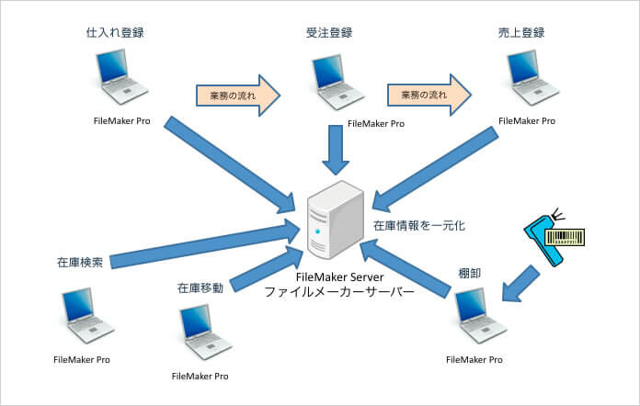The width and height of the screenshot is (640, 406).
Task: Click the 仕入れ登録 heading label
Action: (x=115, y=33)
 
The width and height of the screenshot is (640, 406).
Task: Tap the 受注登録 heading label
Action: (x=329, y=33)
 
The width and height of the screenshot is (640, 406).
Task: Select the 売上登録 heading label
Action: (x=521, y=33)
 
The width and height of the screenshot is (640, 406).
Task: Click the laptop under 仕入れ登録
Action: (x=121, y=76)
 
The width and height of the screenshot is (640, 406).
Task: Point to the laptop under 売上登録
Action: (x=532, y=78)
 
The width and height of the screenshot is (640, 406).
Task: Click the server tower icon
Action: (x=336, y=220)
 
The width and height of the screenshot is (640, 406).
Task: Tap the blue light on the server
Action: (x=317, y=231)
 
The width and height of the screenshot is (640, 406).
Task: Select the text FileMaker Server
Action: (x=339, y=277)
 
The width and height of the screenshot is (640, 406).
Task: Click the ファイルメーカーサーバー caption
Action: (x=339, y=292)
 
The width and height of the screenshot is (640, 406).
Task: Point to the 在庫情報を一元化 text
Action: (x=419, y=225)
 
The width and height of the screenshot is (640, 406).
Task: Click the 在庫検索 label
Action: (x=80, y=262)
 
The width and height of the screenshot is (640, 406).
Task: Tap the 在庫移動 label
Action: (x=200, y=288)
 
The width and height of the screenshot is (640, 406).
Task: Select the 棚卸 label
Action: (x=469, y=273)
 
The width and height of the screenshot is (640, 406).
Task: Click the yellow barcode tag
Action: (x=566, y=238)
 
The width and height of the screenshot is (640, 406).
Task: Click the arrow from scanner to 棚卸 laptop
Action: (x=520, y=285)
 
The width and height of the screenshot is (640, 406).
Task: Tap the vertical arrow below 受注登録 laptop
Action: (x=336, y=150)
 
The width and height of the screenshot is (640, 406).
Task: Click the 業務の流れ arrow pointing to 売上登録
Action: (x=429, y=95)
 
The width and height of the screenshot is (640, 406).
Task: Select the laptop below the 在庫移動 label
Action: (x=206, y=332)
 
